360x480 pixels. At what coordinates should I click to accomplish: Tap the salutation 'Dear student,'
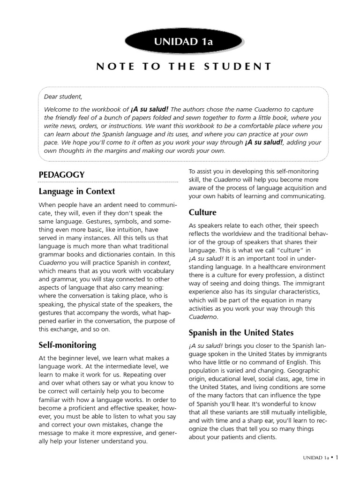tap(63, 97)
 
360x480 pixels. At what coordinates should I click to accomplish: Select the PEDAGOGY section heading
tap(61, 174)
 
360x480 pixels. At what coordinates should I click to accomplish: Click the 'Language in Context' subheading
tap(76, 191)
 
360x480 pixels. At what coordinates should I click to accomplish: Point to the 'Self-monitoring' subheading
tap(67, 345)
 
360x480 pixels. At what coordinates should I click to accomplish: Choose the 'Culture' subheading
tap(202, 212)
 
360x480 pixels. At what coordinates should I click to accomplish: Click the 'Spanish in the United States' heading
tap(241, 333)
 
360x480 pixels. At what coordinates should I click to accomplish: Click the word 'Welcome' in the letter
tap(57, 109)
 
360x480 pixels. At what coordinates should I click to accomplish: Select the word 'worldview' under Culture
tap(232, 234)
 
